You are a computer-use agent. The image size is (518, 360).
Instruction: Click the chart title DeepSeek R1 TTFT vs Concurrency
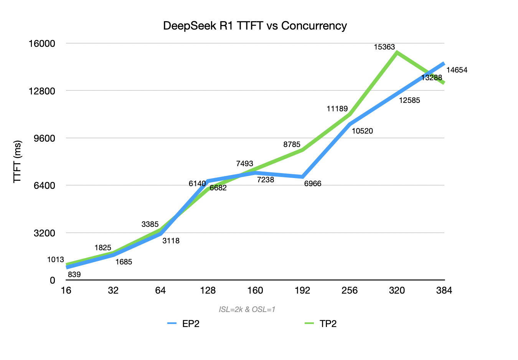(255, 26)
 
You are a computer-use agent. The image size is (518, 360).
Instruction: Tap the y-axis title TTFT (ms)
(17, 162)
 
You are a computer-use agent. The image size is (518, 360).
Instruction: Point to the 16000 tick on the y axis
(42, 43)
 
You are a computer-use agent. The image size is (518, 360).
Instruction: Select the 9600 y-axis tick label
(45, 138)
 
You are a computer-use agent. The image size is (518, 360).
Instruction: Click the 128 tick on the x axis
(208, 291)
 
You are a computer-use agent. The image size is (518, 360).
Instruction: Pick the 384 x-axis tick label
(444, 291)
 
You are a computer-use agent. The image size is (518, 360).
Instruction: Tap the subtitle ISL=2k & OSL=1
(247, 309)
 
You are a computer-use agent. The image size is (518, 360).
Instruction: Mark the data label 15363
(384, 47)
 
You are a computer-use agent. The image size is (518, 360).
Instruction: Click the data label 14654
(457, 70)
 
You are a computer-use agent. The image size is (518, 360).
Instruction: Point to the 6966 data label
(312, 183)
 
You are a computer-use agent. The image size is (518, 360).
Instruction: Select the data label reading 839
(74, 274)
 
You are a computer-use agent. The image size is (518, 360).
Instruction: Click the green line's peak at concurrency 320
(397, 52)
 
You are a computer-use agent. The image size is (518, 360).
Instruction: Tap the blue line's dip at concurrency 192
(302, 177)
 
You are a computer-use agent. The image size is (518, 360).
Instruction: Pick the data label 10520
(362, 131)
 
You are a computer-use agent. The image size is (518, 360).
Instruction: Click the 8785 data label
(292, 144)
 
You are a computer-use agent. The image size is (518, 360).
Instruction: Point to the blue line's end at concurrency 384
(444, 63)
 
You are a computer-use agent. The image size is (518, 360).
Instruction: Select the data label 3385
(150, 224)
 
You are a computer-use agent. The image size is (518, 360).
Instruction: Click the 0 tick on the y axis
(53, 281)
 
